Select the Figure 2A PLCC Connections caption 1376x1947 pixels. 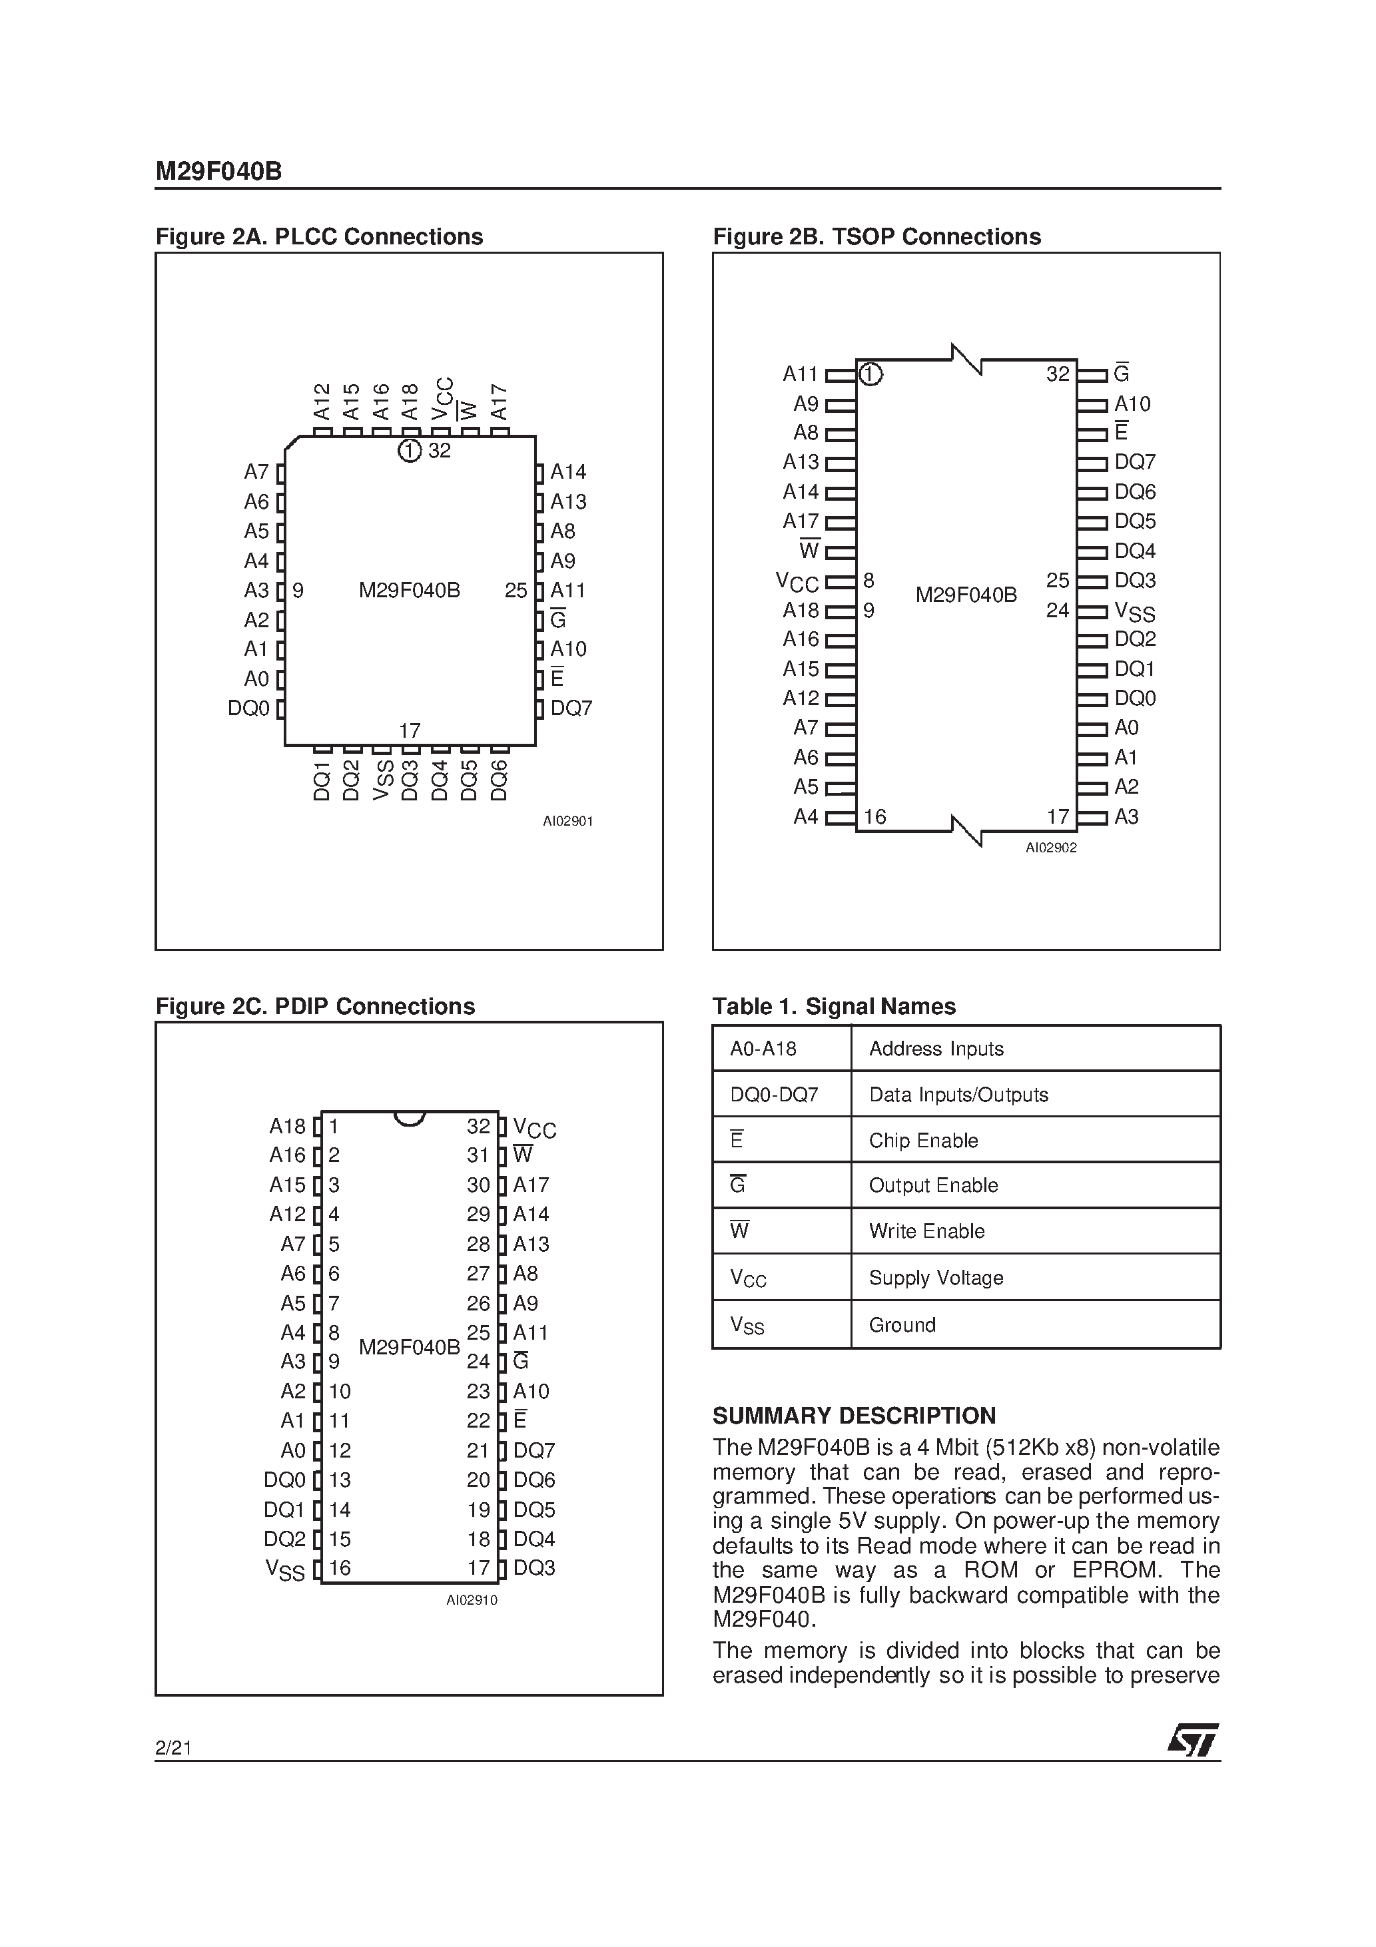319,236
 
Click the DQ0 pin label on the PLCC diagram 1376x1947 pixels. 248,708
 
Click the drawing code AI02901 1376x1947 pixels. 567,821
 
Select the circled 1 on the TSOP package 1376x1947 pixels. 870,374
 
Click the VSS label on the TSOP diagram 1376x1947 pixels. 1134,611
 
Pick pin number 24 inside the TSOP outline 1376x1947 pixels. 1057,611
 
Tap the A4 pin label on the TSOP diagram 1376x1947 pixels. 805,816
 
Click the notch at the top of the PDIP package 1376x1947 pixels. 409,1119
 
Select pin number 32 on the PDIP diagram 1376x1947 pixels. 478,1126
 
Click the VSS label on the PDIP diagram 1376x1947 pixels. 285,1569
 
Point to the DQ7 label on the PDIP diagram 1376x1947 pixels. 533,1451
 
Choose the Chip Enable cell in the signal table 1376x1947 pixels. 923,1141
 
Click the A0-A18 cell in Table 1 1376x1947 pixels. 763,1049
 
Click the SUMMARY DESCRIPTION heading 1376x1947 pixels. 853,1416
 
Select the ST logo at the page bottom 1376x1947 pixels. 1193,1740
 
